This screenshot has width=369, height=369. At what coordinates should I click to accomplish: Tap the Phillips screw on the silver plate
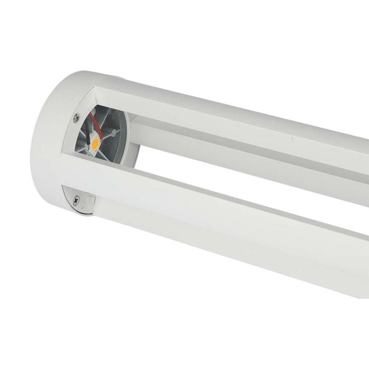[78, 199]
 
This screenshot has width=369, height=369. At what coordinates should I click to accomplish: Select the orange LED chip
[95, 141]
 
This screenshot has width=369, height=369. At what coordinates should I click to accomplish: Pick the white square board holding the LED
[96, 141]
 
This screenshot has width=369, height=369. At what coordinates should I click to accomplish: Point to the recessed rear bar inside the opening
[237, 145]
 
